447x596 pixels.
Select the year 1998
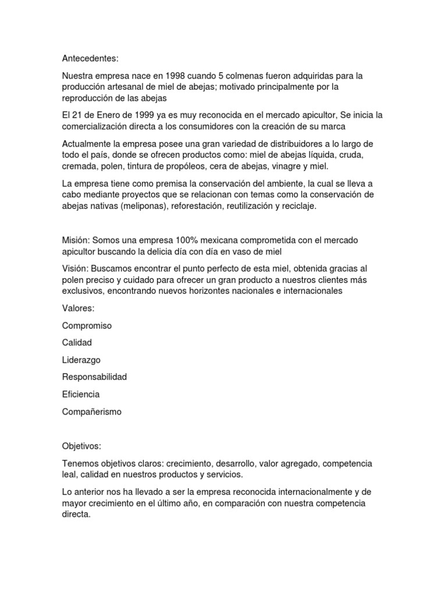[x=178, y=76]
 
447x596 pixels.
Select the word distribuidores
[x=271, y=144]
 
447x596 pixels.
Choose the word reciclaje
[x=296, y=205]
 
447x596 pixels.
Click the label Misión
[x=76, y=240]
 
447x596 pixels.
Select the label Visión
[x=75, y=269]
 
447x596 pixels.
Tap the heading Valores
[x=78, y=308]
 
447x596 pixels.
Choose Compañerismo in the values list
[x=92, y=411]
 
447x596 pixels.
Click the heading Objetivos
[x=81, y=446]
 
